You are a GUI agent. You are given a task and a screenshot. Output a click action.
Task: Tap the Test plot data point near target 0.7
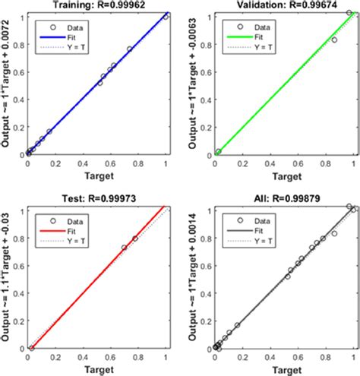[x=125, y=248]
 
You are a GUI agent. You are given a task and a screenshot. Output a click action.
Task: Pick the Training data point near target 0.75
[x=130, y=49]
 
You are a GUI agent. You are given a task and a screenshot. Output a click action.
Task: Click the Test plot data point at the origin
[x=31, y=348]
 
